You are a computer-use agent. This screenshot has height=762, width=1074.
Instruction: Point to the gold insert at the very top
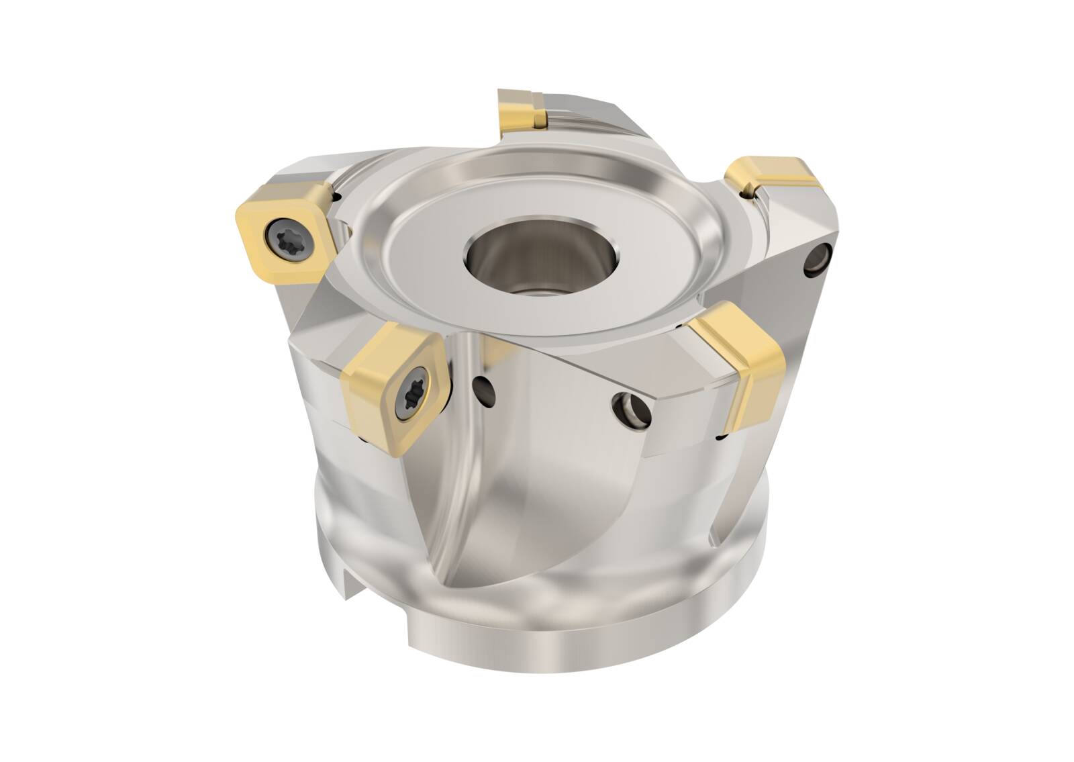[x=521, y=109]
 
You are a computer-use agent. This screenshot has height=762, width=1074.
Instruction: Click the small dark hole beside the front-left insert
[x=482, y=387]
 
